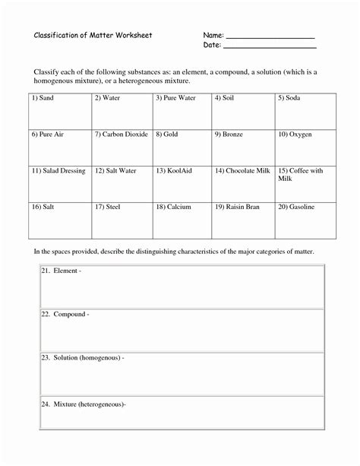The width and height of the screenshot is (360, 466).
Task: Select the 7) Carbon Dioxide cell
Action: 122,147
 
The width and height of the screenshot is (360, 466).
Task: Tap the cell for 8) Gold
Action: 182,147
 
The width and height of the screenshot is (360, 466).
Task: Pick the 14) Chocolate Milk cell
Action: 243,183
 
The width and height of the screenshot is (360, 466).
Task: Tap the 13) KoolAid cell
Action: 182,183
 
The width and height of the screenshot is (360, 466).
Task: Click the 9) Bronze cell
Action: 243,147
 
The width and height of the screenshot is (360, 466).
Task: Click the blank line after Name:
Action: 270,37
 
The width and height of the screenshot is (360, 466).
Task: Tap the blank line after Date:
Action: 270,47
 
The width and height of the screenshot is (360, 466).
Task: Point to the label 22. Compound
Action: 65,314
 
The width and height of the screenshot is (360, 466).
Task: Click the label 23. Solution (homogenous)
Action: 83,357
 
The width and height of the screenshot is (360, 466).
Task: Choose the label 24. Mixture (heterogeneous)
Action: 84,404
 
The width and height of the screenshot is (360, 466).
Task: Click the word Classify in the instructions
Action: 46,71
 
